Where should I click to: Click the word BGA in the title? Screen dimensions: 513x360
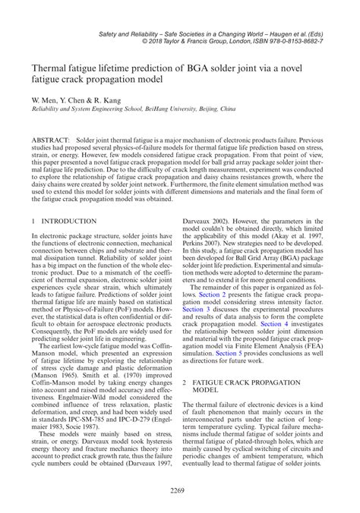coord(218,67)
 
